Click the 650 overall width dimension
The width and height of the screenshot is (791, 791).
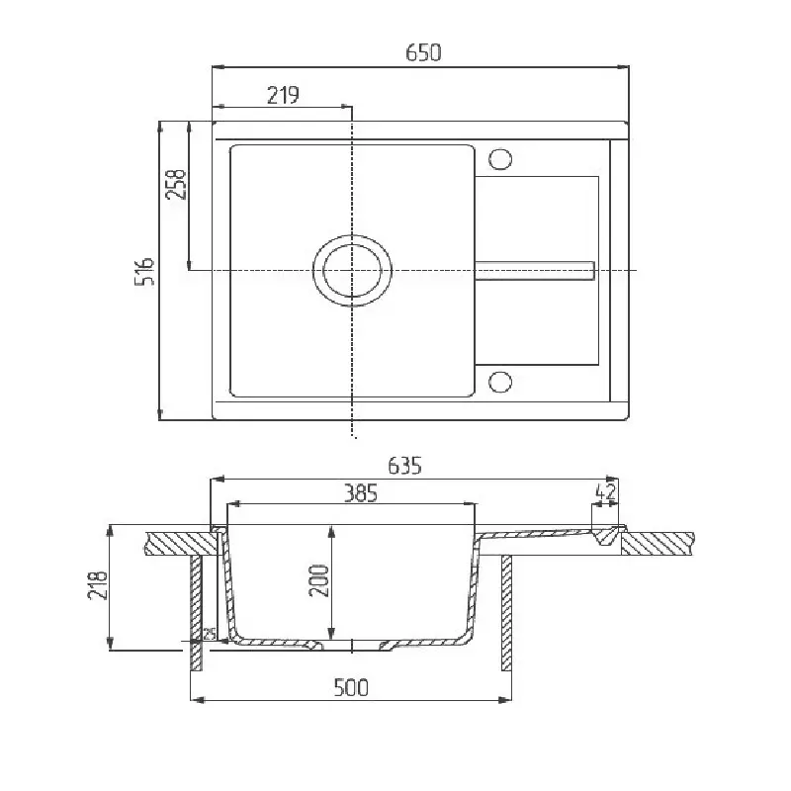422,53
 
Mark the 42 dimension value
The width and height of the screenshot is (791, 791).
607,491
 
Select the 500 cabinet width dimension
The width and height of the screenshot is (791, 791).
351,687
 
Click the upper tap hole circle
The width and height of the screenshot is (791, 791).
500,158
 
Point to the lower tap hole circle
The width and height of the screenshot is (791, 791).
500,381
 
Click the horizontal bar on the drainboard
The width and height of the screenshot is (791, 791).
534,269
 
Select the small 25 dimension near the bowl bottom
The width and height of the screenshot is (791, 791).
209,634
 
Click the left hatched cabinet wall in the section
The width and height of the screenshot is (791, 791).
196,613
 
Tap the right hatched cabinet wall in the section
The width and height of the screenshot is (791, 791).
507,613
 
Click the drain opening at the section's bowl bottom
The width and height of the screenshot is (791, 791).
352,645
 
